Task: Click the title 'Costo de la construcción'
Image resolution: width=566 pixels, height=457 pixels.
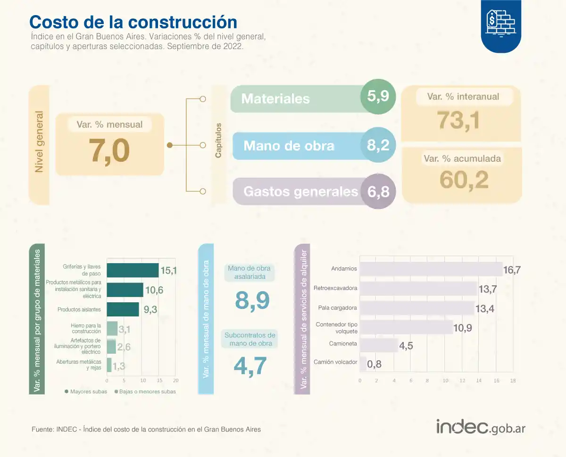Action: point(133,22)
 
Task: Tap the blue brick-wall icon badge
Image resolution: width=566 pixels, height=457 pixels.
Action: point(501,24)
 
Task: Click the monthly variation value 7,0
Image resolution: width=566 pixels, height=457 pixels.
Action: point(109,151)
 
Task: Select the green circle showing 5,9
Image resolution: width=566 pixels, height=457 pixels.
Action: point(378,97)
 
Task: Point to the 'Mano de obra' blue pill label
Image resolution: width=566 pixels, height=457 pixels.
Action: point(289,146)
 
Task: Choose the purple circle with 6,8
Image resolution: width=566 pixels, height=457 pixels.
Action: point(378,191)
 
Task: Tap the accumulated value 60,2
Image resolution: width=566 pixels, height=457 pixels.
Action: point(464,179)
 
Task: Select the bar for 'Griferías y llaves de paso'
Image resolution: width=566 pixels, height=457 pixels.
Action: point(133,270)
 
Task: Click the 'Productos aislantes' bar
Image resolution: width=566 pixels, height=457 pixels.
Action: point(123,309)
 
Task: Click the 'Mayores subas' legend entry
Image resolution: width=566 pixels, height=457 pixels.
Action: point(86,391)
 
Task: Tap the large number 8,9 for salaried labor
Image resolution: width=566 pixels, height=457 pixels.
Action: point(252,300)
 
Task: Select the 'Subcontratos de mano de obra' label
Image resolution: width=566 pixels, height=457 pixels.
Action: point(250,340)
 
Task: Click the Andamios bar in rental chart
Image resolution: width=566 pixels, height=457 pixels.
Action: point(431,269)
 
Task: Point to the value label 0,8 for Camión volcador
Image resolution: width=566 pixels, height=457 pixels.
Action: point(375,364)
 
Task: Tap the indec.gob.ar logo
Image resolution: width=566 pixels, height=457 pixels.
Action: point(481,427)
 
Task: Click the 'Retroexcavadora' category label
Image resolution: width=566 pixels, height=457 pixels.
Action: point(335,288)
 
